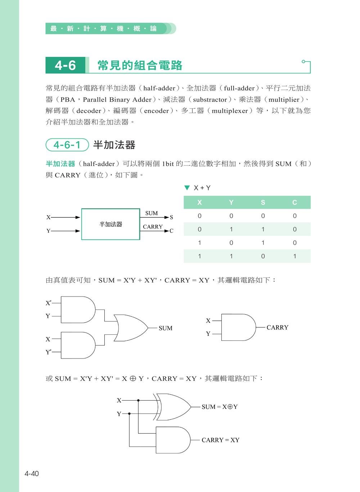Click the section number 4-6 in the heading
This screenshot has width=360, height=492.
tap(65, 65)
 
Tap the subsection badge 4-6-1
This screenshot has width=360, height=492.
tap(67, 145)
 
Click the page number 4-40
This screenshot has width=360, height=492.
tap(31, 474)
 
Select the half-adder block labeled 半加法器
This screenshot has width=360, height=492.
tap(111, 224)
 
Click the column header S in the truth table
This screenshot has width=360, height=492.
tap(263, 202)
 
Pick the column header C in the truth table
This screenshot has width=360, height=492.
tap(294, 202)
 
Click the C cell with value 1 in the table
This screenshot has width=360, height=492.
tap(294, 256)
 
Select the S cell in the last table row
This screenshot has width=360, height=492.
tap(263, 256)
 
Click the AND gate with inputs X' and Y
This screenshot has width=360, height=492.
tap(78, 310)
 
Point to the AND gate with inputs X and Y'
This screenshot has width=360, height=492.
tap(78, 345)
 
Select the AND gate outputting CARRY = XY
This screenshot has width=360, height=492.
tap(173, 440)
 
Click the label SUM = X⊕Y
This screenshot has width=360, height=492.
tap(219, 407)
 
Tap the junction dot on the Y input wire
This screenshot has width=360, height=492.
tap(130, 414)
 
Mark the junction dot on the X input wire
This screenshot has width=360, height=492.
tap(138, 400)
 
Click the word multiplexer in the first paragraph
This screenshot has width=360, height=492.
tap(229, 111)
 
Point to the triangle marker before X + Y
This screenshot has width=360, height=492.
tap(187, 188)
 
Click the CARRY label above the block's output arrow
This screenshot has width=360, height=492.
tap(153, 227)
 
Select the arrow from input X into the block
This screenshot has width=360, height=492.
tap(67, 217)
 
